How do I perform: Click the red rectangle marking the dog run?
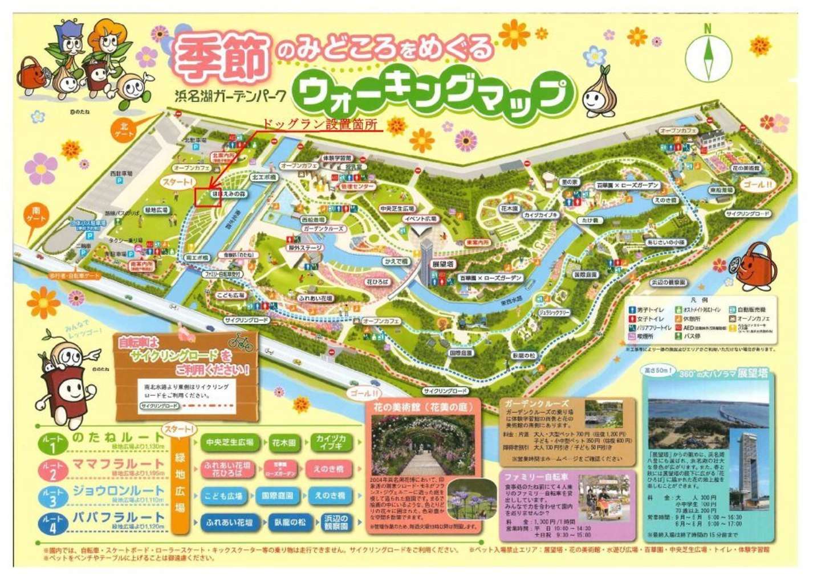208,196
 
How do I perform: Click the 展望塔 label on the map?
442,265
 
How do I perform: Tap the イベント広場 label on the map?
420,219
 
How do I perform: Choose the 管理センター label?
357,187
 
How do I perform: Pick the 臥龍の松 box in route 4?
290,523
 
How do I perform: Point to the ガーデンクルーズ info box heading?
537,404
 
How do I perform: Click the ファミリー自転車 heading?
537,477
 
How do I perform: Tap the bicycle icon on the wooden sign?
241,342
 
